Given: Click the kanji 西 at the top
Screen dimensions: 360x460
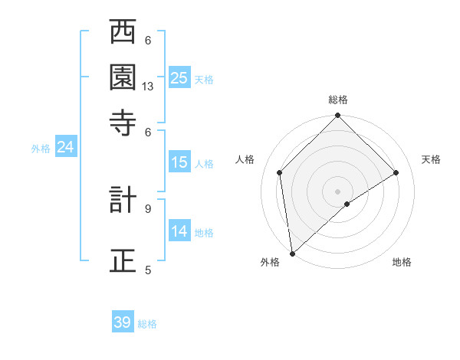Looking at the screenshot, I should pos(123,34).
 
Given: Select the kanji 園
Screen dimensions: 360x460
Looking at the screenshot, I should pos(123,77).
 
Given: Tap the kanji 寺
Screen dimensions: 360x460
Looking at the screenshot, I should pos(123,121).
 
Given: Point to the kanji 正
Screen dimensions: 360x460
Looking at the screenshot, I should pos(123,260).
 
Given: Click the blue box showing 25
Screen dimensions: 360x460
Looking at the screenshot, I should pos(179,78).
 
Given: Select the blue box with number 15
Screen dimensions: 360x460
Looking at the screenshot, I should pos(179,162).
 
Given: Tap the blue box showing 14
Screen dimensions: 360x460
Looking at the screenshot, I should pos(179,231).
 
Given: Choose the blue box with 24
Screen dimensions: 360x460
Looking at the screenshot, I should pos(65,147).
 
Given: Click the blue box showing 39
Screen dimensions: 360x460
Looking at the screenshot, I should pos(123,322).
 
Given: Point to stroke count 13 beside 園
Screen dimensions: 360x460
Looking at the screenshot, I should pos(148,87).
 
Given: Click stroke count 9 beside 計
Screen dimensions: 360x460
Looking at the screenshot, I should pos(148,207).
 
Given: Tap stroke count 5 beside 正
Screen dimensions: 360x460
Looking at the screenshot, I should pos(148,269).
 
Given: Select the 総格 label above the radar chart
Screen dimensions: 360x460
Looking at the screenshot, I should pos(338,100).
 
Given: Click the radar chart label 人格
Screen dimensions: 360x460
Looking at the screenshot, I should pos(245,159).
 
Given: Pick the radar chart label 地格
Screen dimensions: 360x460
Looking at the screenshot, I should pos(402,262).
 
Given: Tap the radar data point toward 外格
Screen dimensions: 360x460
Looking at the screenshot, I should pos(292,254).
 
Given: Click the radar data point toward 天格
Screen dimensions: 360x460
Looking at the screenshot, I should pos(396,172).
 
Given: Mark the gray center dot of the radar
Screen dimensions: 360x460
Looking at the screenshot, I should pos(338,191).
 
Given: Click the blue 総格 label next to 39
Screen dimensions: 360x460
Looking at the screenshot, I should pos(147,324).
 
